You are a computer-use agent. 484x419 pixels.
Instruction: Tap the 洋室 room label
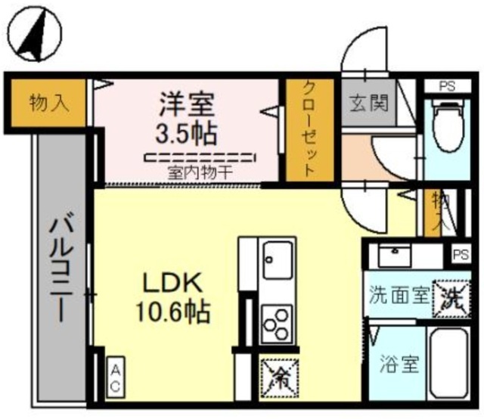pos(186,103)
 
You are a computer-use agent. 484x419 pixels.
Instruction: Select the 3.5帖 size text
pos(186,133)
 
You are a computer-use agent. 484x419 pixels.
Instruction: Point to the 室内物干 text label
pos(200,172)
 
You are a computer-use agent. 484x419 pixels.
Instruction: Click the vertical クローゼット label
pos(309,131)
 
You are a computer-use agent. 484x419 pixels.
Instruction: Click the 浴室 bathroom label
pos(400,365)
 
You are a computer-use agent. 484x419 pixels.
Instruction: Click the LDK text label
pos(172,283)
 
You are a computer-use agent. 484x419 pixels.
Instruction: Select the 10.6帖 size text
pos(172,310)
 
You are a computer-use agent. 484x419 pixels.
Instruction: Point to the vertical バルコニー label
pos(60,268)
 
